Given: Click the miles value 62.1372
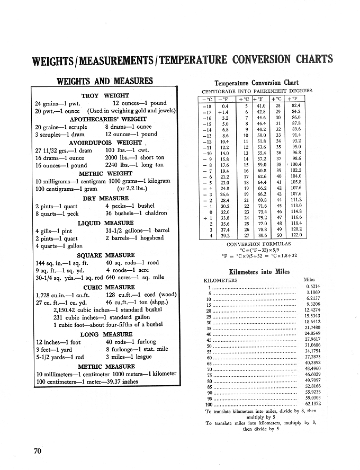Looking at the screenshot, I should [313, 404].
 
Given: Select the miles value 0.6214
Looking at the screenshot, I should [314, 286].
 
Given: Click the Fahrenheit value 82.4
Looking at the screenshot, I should [296, 106].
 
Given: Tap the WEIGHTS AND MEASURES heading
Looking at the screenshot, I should [104, 81].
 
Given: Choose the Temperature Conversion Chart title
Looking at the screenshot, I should [256, 83].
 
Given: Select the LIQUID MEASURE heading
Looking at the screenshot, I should [106, 223].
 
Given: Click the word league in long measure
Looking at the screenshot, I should [142, 357].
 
